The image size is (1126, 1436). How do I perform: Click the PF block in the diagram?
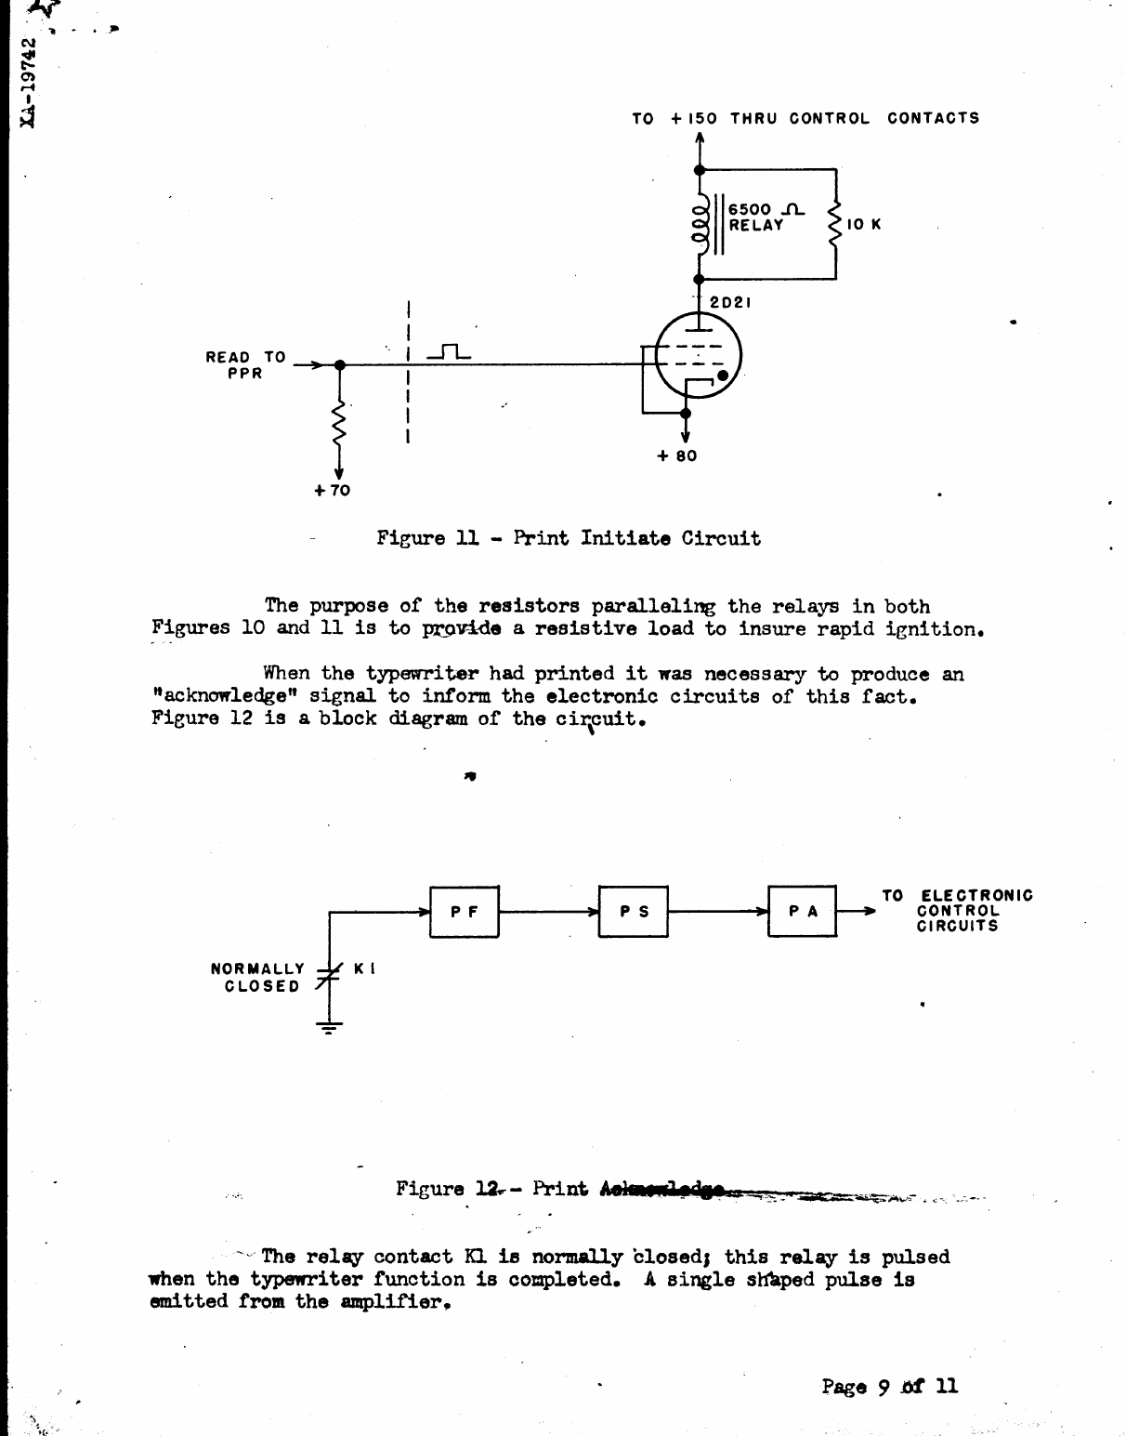(x=465, y=913)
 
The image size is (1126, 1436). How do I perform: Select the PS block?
(x=634, y=913)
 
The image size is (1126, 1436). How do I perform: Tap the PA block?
(x=803, y=913)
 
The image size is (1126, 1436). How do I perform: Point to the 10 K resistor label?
(x=863, y=225)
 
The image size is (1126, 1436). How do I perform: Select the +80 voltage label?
(x=677, y=456)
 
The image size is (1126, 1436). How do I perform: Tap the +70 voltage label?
(x=332, y=491)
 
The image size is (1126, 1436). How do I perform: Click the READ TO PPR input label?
(x=245, y=364)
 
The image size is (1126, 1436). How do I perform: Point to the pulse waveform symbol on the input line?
(x=449, y=352)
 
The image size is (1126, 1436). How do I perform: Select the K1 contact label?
(x=364, y=968)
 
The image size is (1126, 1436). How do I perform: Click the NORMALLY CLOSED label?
(x=258, y=977)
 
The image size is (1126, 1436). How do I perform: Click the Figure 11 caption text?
(x=568, y=538)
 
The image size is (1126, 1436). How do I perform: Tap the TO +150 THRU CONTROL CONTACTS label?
(x=805, y=118)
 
